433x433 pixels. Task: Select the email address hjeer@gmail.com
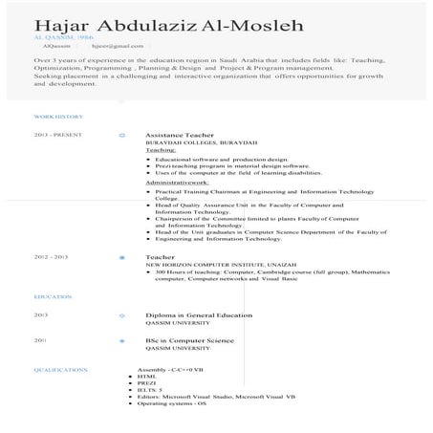tap(110, 45)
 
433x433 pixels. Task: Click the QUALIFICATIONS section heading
tap(59, 368)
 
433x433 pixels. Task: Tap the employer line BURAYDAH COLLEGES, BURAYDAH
tap(193, 143)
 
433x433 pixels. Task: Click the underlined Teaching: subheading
tap(161, 150)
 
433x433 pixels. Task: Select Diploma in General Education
tap(198, 314)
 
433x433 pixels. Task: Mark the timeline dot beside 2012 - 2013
tap(120, 257)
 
